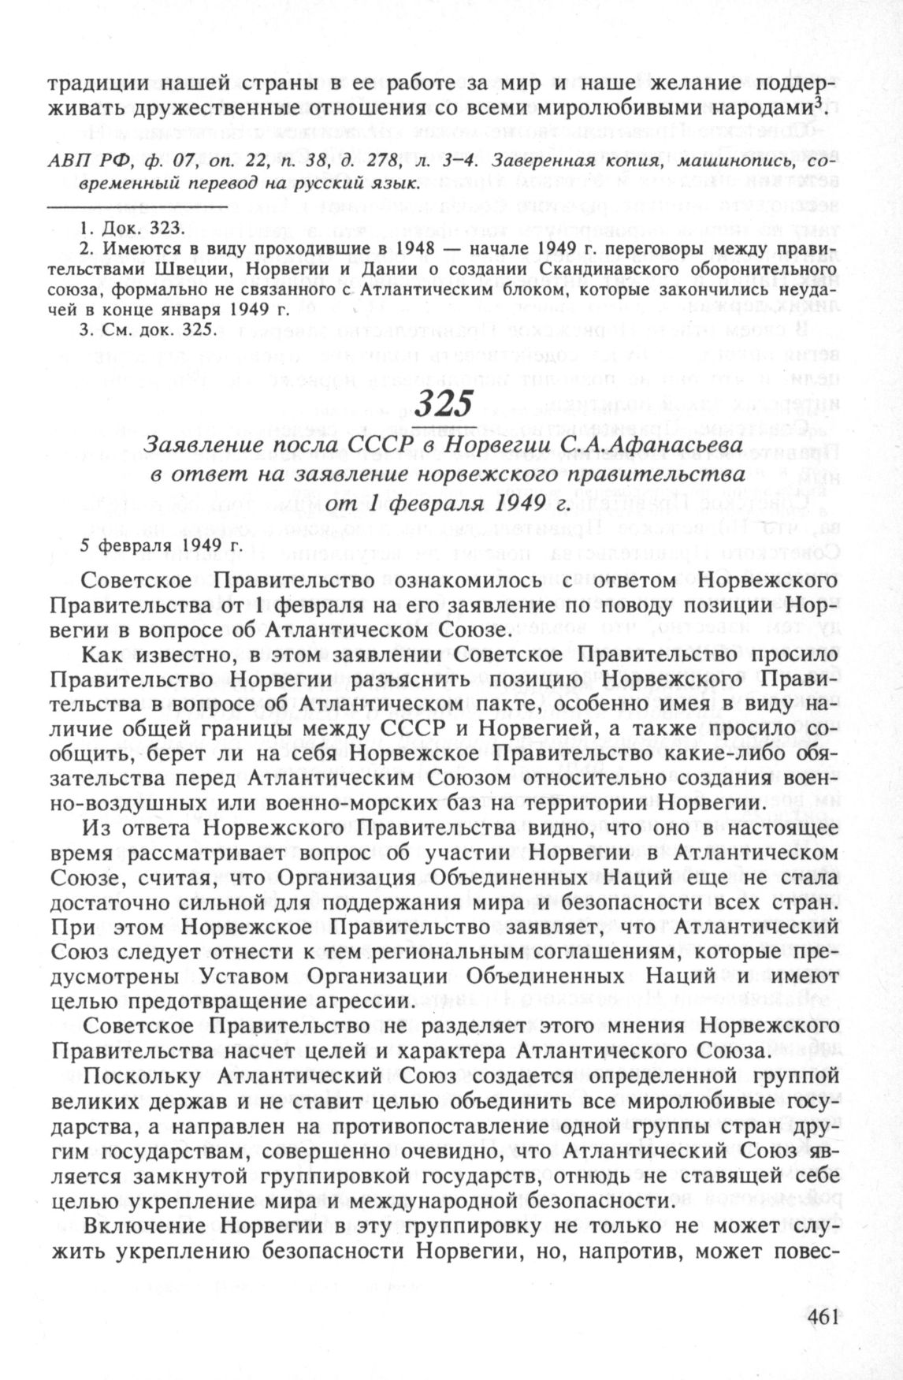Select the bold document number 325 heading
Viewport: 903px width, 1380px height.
pyautogui.click(x=444, y=404)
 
